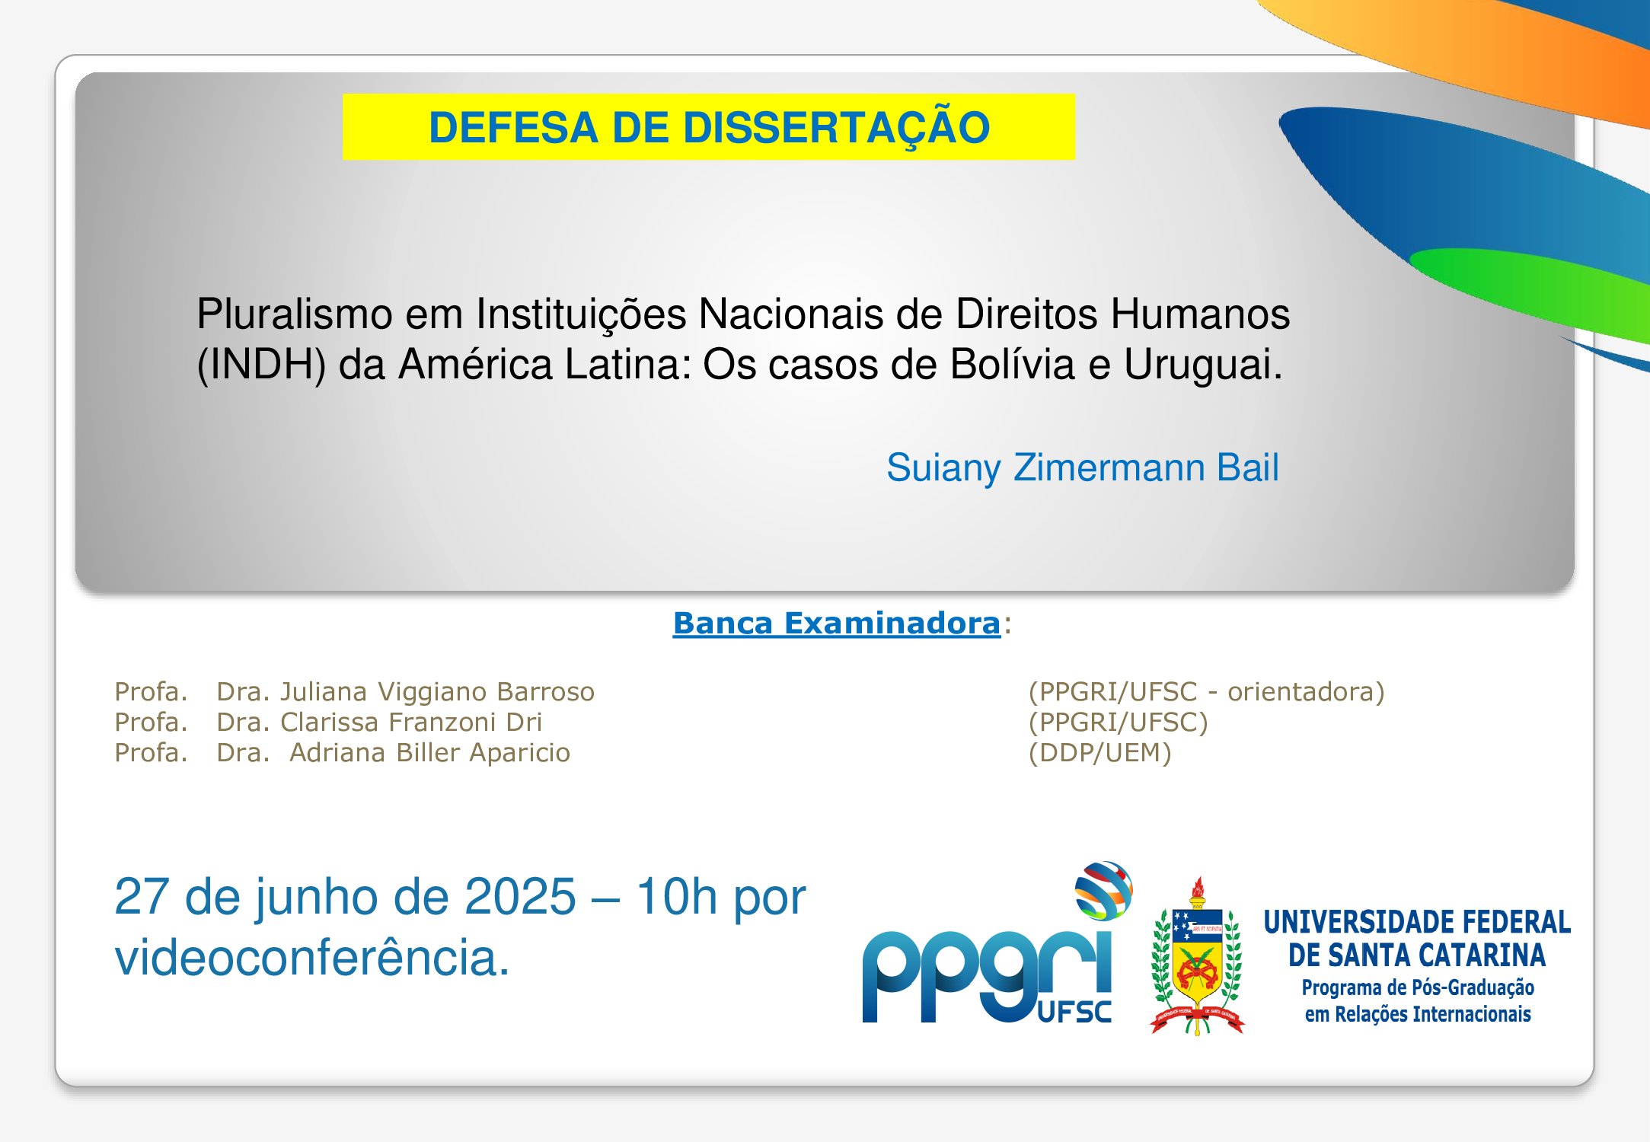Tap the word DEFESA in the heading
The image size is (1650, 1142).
pos(512,127)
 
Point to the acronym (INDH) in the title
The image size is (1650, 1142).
pos(261,365)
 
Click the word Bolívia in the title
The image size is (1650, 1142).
pos(1012,364)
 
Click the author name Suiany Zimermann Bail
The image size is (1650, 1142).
pos(1082,467)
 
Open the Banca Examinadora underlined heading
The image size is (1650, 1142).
pos(836,623)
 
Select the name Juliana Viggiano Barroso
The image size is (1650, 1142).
pos(437,691)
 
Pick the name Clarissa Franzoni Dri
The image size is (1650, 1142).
pos(411,722)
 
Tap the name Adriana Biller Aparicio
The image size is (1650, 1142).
pos(429,752)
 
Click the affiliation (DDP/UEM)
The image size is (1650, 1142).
pos(1099,753)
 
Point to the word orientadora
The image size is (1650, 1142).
pos(1300,691)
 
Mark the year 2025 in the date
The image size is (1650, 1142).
pos(520,896)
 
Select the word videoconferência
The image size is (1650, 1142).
pos(311,956)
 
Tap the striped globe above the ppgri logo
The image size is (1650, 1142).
pos(1103,890)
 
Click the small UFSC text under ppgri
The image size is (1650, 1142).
pos(1074,1012)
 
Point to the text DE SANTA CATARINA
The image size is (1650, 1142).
pos(1416,955)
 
